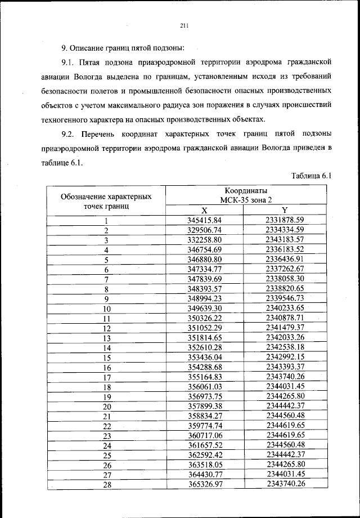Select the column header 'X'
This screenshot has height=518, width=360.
[x=205, y=209]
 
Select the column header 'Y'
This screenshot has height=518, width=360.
[x=285, y=209]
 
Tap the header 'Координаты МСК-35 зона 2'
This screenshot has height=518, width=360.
[x=245, y=195]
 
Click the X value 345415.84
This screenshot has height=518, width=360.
[x=205, y=220]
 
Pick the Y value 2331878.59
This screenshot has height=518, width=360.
[x=285, y=220]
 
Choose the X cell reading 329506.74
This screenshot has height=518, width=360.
[x=205, y=230]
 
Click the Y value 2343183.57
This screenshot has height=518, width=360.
[x=285, y=239]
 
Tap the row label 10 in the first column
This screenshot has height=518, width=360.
[x=106, y=309]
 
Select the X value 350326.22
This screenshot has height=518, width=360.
[x=205, y=318]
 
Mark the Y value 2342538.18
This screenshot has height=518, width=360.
[x=285, y=347]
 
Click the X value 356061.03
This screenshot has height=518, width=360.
[x=205, y=387]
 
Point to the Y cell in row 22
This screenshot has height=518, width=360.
[x=285, y=426]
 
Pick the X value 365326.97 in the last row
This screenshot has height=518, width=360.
[x=205, y=485]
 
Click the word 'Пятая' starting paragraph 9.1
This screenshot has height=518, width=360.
[x=92, y=60]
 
